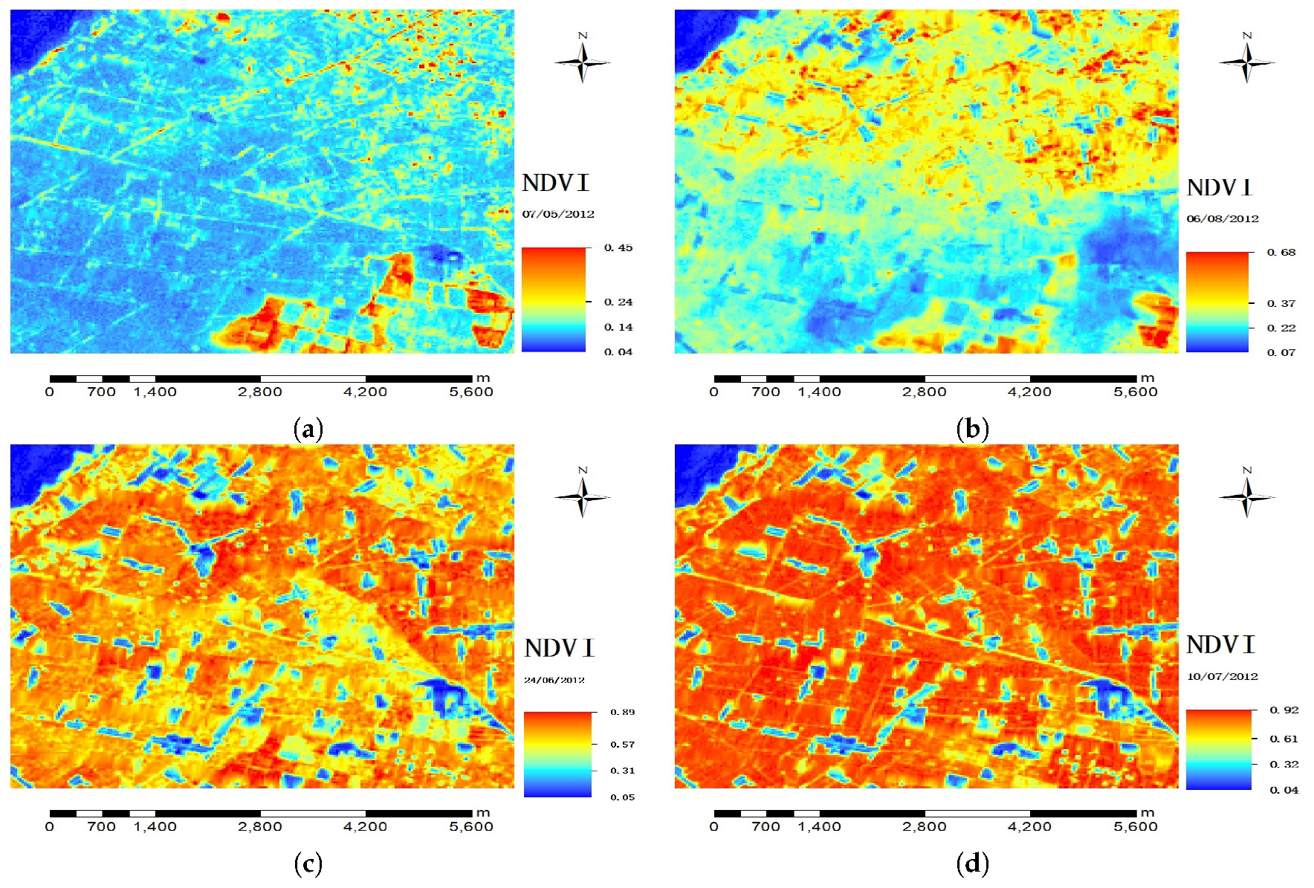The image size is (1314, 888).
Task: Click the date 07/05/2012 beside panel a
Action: tap(558, 214)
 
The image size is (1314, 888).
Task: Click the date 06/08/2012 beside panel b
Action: tap(1223, 218)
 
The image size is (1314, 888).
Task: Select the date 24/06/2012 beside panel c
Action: tap(554, 680)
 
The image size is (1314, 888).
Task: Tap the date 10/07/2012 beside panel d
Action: tap(1223, 676)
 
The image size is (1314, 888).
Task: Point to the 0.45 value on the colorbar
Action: tap(618, 247)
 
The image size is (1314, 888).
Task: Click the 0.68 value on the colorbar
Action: tap(1282, 252)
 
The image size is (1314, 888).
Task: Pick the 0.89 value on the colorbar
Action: tap(623, 712)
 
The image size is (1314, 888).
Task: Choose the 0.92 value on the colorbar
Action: tap(1284, 710)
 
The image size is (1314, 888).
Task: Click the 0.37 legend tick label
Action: tap(1282, 303)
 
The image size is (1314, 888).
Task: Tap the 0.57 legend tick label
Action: tap(623, 744)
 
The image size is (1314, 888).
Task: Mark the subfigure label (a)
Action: tap(308, 429)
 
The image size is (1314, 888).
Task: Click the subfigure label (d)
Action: tap(973, 863)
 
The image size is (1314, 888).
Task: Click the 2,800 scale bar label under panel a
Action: tap(260, 392)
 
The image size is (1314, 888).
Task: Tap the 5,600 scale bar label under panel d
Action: tap(1136, 826)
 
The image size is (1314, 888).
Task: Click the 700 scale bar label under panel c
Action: tap(101, 826)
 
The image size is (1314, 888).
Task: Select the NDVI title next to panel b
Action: tap(1220, 188)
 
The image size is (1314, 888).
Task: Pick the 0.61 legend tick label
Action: tap(1284, 739)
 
